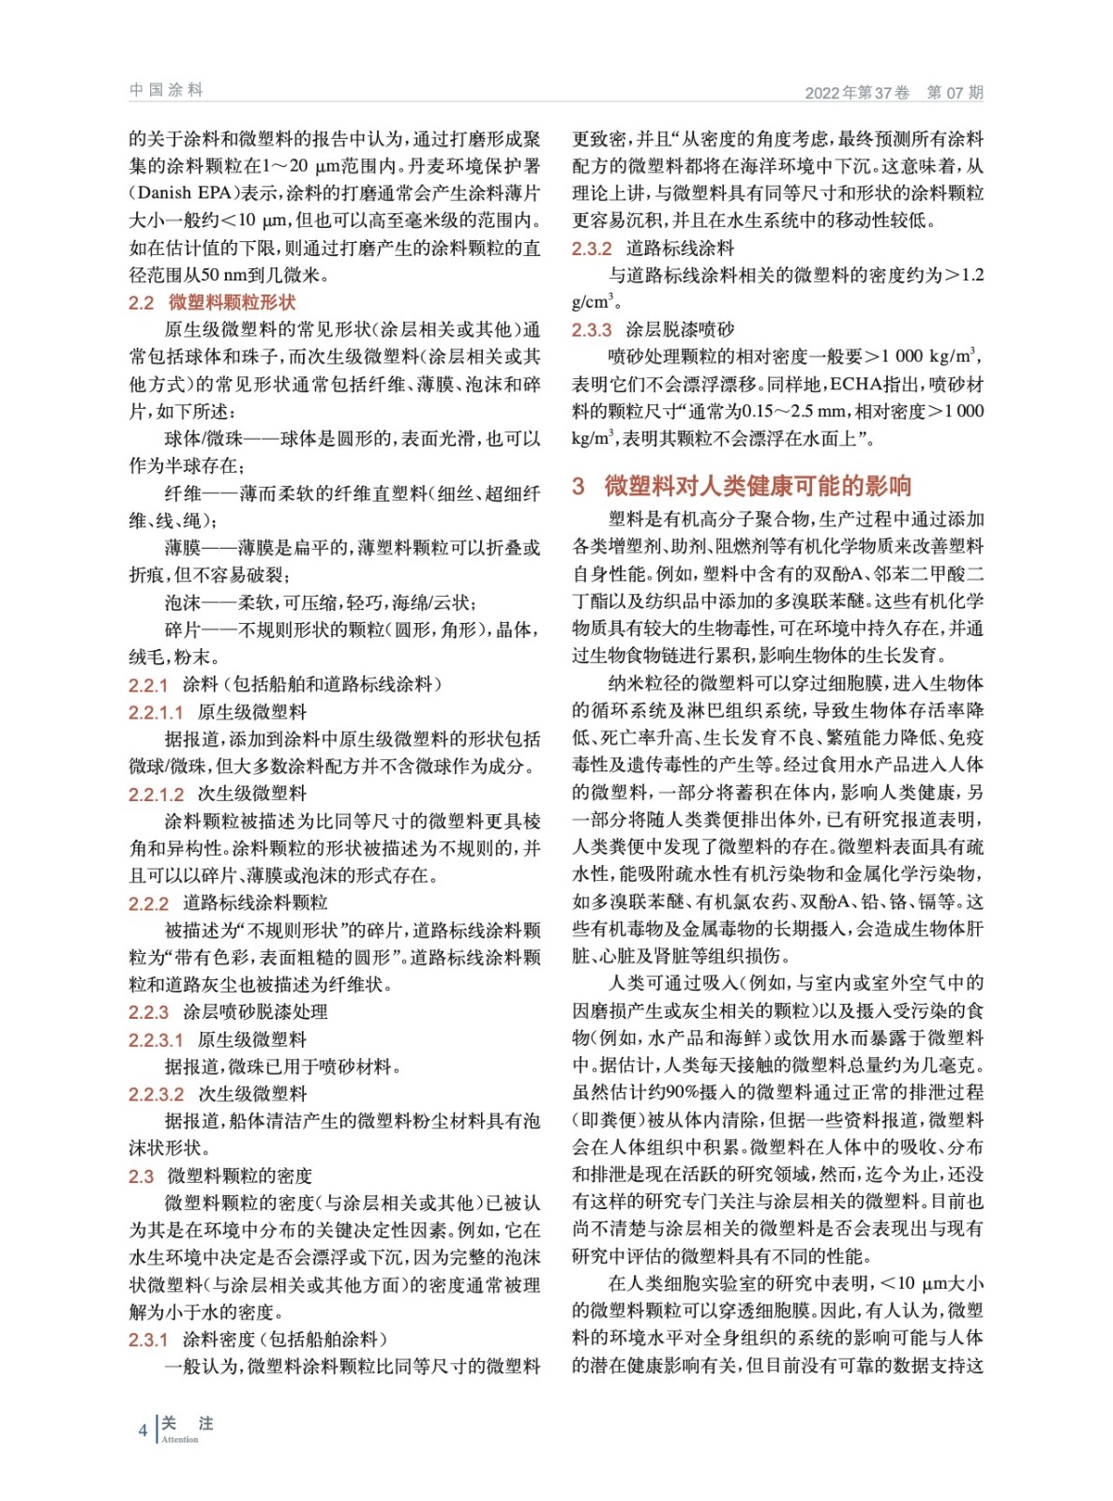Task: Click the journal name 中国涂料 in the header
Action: point(166,90)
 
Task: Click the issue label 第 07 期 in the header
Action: point(955,92)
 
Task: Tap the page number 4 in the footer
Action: point(143,1430)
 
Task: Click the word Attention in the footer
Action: point(180,1440)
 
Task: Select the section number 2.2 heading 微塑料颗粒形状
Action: point(212,302)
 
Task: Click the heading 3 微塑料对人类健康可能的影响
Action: point(742,485)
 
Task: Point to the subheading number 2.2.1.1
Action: point(156,712)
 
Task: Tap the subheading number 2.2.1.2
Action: point(156,794)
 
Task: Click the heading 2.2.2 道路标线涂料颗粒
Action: point(228,902)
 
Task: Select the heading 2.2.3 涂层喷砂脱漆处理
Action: point(228,1011)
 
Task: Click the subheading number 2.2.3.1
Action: point(156,1039)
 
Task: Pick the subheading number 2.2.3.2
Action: point(156,1094)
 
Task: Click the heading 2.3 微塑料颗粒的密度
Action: point(220,1175)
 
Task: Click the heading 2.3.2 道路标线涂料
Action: point(653,248)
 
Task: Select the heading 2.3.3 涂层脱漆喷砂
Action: point(653,329)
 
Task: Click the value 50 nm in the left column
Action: point(219,276)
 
